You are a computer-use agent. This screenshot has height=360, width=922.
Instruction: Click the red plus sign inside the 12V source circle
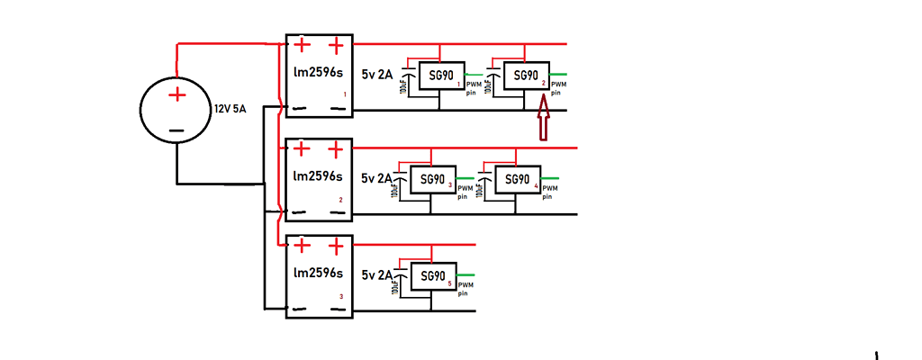[178, 94]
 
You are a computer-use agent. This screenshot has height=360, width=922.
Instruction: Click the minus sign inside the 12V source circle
[176, 130]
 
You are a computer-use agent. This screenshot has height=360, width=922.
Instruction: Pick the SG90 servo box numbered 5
[433, 276]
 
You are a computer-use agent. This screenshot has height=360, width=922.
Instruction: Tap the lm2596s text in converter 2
[318, 175]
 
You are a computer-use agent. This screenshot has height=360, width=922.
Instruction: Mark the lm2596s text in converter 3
[318, 272]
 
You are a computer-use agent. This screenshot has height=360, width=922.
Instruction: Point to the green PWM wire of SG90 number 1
[473, 75]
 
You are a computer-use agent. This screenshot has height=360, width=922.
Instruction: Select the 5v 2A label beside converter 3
[377, 274]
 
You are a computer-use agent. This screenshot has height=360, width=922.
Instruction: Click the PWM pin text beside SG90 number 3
[466, 191]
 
